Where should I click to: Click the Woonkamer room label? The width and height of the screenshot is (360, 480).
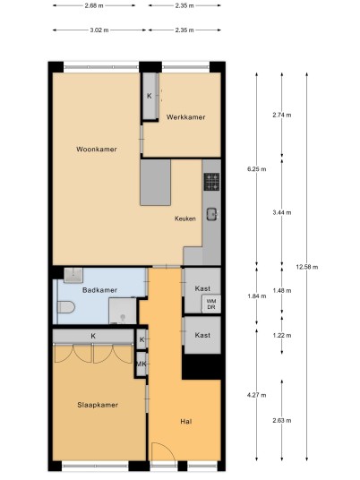tap(97, 150)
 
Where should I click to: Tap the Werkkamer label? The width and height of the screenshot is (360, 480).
tap(185, 117)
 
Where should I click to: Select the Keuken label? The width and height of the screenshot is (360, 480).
tap(185, 219)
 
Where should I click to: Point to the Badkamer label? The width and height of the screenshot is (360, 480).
tap(99, 290)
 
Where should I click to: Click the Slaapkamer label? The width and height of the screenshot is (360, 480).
tap(98, 405)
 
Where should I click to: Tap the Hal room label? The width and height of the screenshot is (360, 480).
tap(186, 422)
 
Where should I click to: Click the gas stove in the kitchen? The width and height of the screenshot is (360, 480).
tap(212, 182)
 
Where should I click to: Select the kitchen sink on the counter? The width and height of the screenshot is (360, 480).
tap(212, 214)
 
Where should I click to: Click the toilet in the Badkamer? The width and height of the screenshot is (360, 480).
tap(66, 307)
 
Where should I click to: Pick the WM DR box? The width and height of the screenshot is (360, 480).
tap(211, 304)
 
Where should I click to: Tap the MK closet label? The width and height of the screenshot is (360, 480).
tap(141, 364)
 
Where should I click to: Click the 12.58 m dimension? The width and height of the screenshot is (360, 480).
tap(307, 267)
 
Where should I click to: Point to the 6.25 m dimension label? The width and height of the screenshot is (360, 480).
tap(256, 169)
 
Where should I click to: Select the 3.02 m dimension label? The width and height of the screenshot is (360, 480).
tap(99, 30)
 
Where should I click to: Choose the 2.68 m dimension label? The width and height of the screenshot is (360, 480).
tap(94, 5)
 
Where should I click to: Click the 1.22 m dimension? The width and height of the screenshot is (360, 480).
tap(282, 336)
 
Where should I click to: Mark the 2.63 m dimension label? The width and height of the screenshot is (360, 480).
tap(282, 421)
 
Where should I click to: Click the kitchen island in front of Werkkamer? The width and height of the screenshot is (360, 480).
tap(156, 183)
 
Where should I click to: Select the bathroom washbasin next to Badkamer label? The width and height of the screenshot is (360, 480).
tap(73, 275)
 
